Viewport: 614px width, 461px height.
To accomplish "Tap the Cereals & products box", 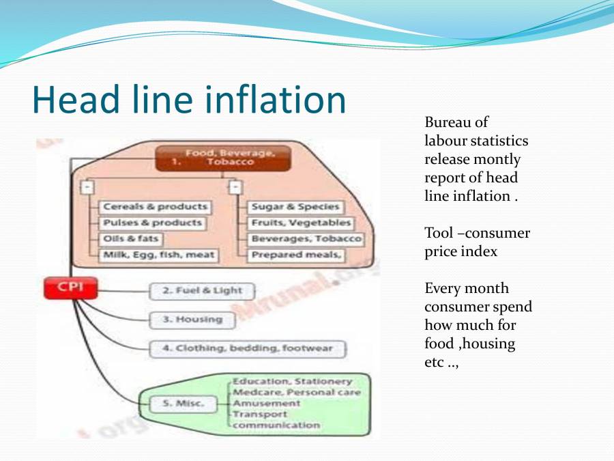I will coord(155,207).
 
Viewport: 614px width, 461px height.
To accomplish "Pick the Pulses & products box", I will coord(152,223).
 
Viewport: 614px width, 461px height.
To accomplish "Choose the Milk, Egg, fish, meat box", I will coord(159,255).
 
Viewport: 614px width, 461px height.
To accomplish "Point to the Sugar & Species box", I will coord(295,207).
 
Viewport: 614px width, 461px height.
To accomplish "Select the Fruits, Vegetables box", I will coord(300,223).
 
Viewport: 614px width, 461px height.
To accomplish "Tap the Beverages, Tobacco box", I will coord(305,239).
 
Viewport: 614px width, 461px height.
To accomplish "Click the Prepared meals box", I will coord(296,255).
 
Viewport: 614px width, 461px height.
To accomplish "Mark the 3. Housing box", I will coord(192,320).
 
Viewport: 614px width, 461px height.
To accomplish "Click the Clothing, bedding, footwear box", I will coord(247,348).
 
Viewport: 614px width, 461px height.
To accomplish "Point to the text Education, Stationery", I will coord(293,382).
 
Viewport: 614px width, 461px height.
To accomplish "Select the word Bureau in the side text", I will coord(447,123).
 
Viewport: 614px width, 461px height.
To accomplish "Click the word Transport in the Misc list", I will coord(260,414).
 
